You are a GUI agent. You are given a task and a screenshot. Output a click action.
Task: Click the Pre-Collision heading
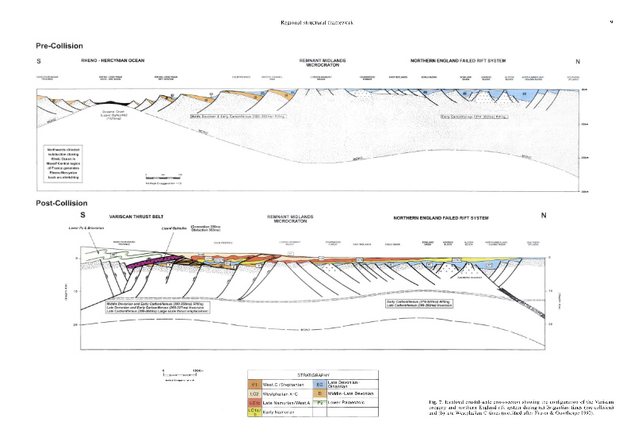coord(61,45)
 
